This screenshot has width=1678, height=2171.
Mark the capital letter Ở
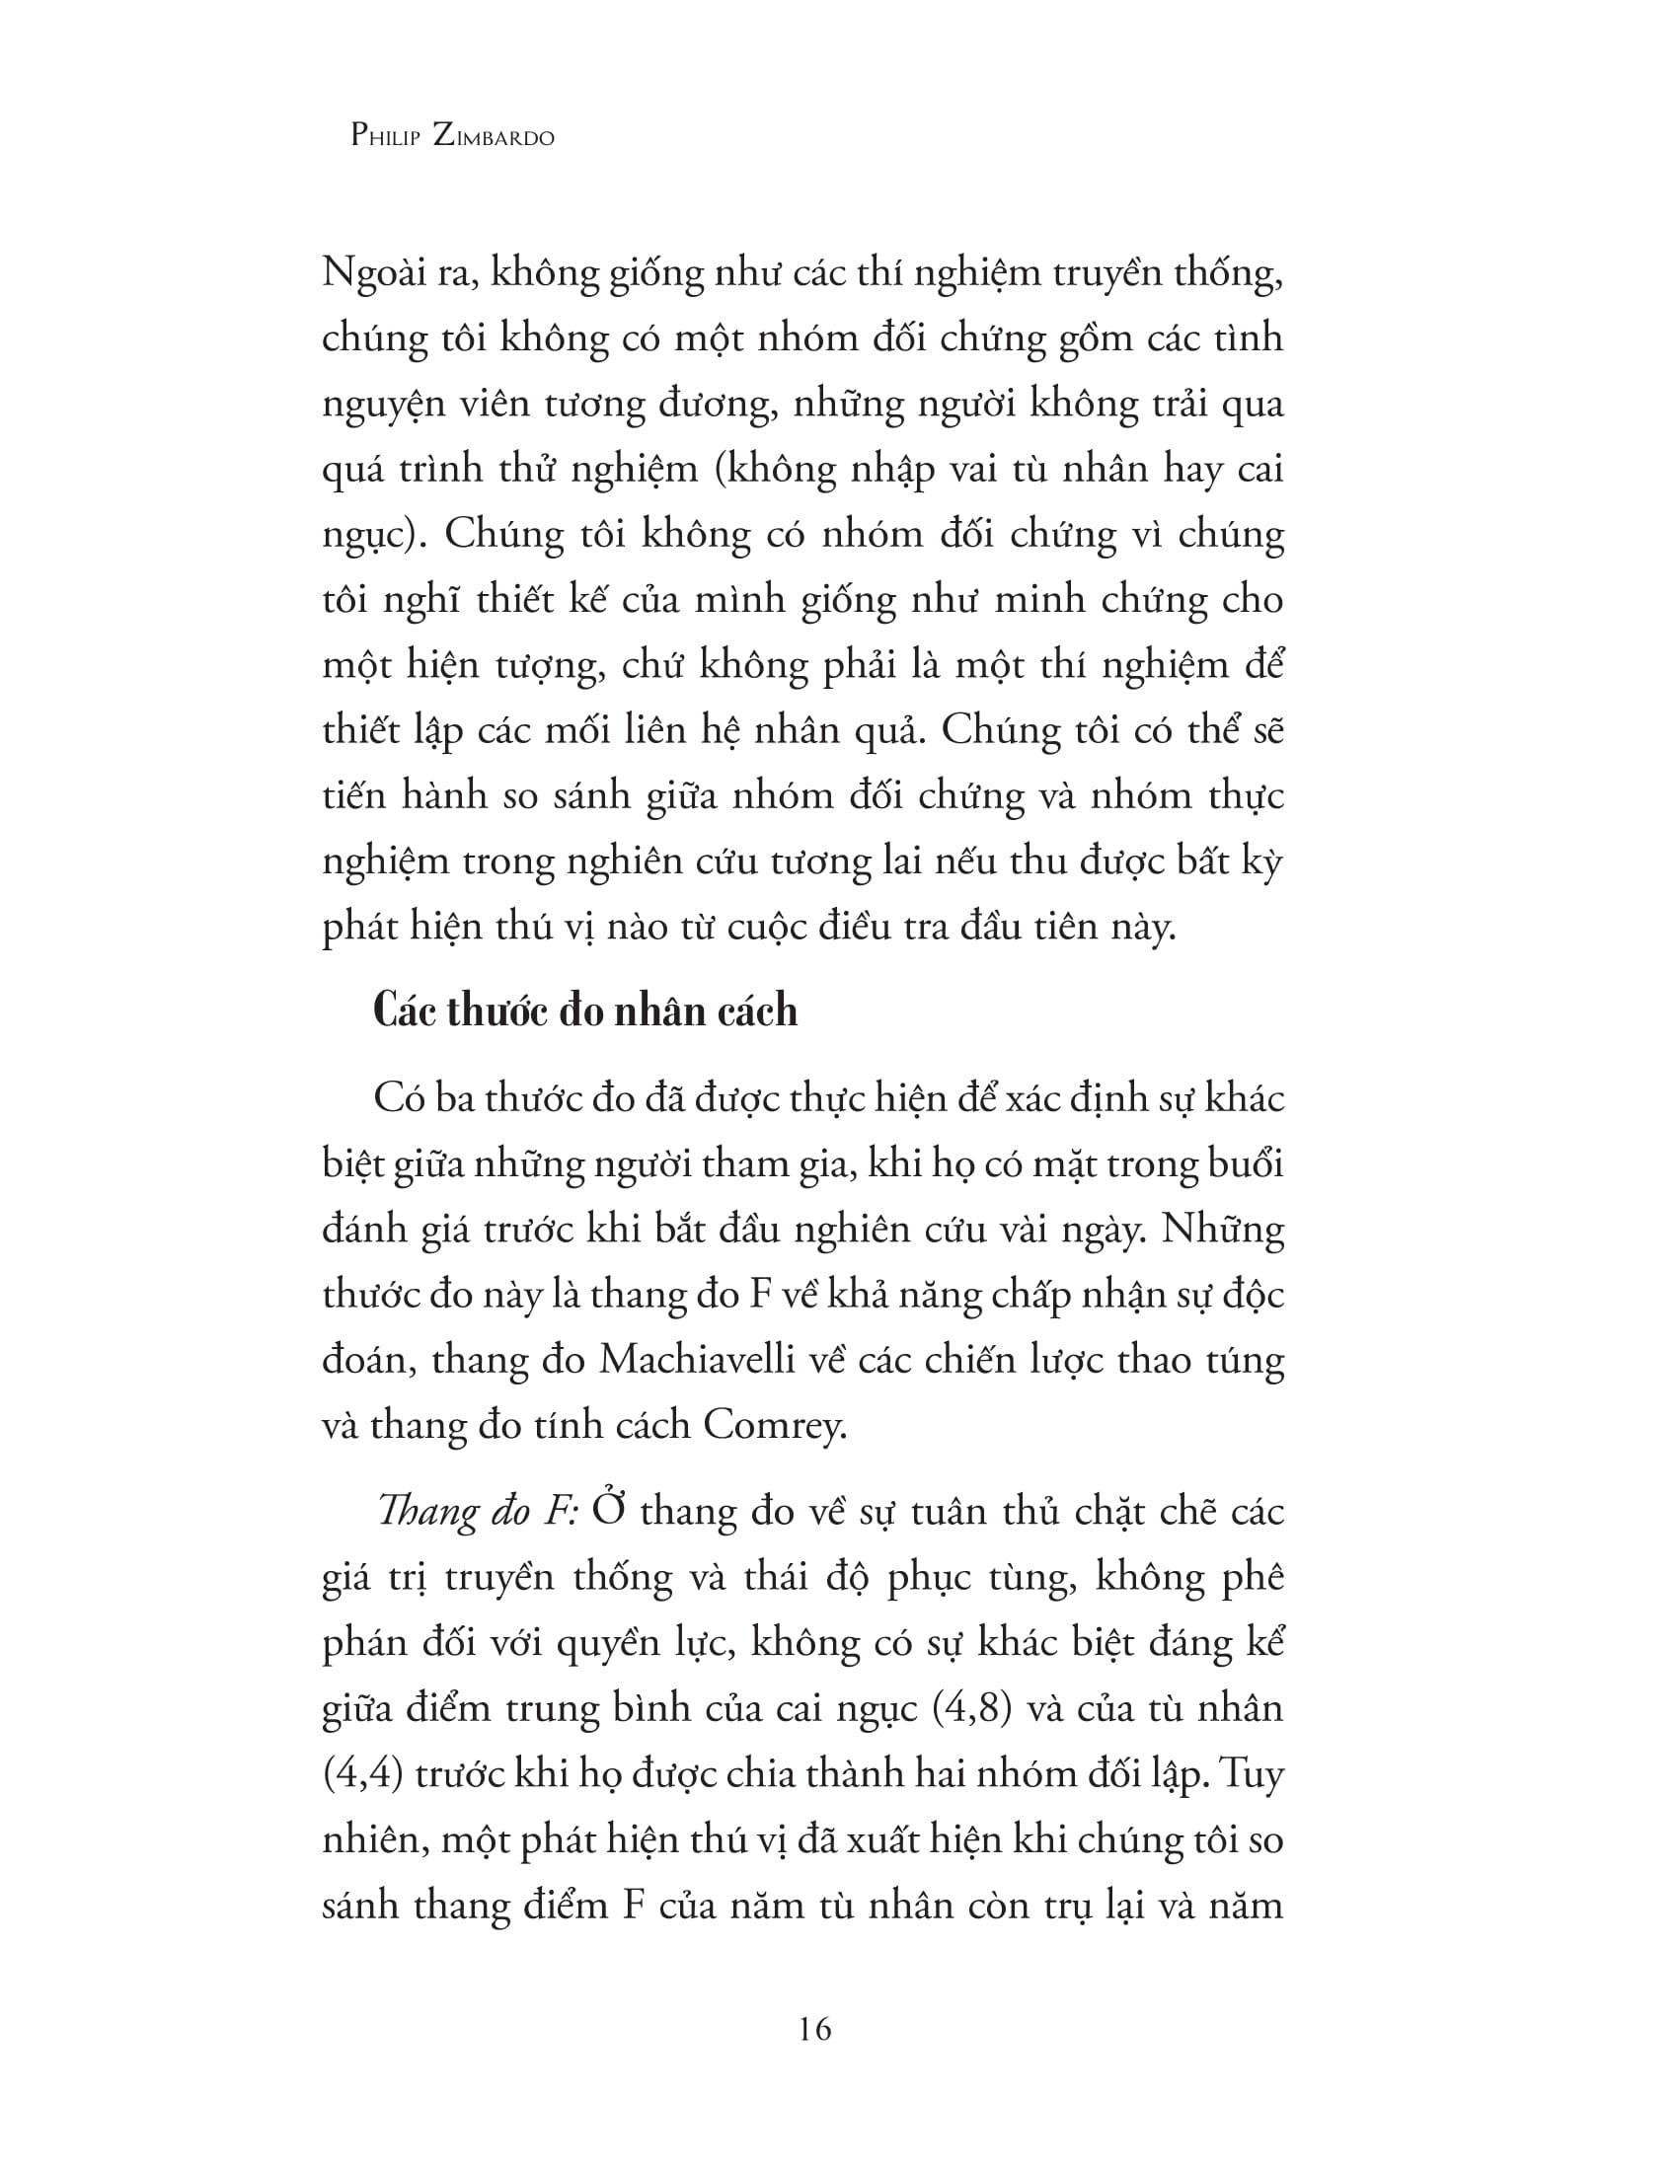[x=605, y=1511]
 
